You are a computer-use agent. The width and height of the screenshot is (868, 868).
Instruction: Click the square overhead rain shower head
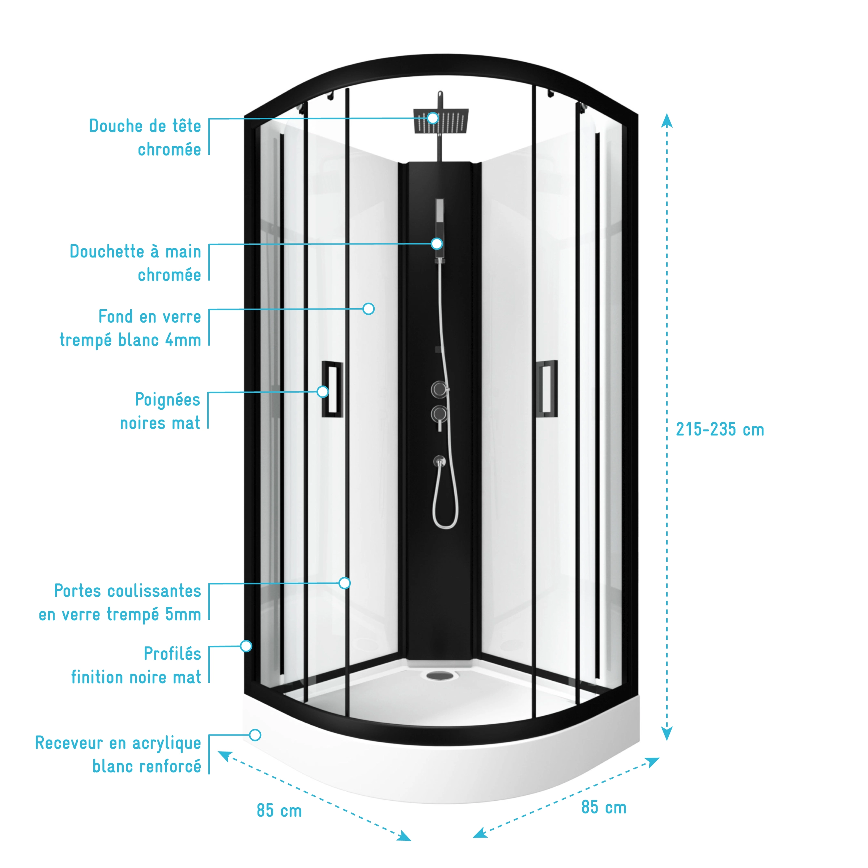point(441,120)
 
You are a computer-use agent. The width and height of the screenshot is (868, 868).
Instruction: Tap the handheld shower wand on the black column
point(439,229)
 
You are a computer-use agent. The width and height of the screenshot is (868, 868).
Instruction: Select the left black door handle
point(332,389)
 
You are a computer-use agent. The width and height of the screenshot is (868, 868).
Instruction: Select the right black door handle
point(548,389)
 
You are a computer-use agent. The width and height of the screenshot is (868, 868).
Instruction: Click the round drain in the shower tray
point(440,675)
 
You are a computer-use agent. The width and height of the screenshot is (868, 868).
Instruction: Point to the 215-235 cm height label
point(720,430)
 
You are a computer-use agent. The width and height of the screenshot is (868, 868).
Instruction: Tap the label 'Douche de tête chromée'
point(145,137)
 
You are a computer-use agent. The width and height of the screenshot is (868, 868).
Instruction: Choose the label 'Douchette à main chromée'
point(135,263)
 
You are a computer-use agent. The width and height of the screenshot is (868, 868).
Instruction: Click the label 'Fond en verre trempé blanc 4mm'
point(130,328)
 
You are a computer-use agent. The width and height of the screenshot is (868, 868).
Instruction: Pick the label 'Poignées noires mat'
point(160,411)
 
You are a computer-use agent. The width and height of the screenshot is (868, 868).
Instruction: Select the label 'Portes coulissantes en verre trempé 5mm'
point(120,603)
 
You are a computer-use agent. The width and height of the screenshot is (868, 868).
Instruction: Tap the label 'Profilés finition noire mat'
point(136,665)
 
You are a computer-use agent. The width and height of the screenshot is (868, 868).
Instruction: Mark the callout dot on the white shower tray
point(255,735)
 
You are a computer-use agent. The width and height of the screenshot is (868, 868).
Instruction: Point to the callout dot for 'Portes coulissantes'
point(345,583)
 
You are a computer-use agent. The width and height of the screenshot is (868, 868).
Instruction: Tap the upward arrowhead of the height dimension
point(667,120)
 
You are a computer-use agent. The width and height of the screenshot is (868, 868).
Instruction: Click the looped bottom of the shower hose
point(445,524)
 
